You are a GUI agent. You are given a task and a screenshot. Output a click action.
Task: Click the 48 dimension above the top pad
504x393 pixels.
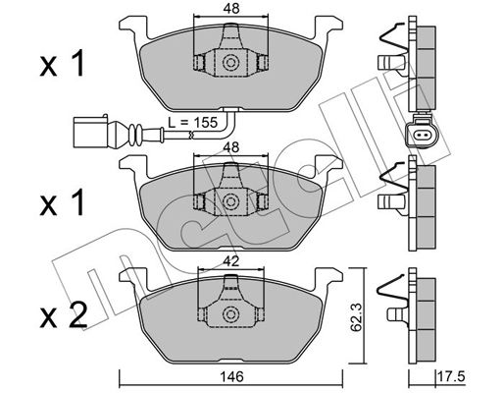pyautogui.click(x=231, y=8)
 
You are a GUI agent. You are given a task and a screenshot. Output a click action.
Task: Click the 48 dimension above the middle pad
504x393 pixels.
pyautogui.click(x=231, y=147)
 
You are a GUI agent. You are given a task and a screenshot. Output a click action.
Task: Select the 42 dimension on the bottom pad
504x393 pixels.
pyautogui.click(x=231, y=261)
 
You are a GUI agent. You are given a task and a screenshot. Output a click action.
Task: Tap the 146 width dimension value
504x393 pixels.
pyautogui.click(x=231, y=376)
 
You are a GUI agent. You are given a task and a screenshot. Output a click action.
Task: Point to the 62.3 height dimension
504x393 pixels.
pyautogui.click(x=356, y=317)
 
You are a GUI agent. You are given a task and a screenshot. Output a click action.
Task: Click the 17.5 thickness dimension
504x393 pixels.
pyautogui.click(x=452, y=376)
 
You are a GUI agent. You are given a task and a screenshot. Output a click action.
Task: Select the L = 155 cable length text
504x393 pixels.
pyautogui.click(x=192, y=123)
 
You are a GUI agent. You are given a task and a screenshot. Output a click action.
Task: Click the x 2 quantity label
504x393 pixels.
pyautogui.click(x=64, y=314)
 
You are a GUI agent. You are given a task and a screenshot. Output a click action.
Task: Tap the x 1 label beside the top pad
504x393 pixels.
pyautogui.click(x=62, y=64)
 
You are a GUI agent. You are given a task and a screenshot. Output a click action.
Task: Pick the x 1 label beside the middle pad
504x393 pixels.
pyautogui.click(x=62, y=202)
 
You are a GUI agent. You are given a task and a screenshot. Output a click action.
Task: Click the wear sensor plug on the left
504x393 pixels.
pyautogui.click(x=90, y=132)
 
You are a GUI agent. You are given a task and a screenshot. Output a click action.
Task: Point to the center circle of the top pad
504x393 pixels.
pyautogui.click(x=230, y=63)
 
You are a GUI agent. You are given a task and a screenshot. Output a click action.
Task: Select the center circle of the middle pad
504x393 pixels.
pyautogui.click(x=230, y=201)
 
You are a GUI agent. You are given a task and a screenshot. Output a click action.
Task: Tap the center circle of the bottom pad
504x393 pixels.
pyautogui.click(x=230, y=314)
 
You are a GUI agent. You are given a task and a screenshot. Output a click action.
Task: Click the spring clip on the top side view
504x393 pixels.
pyautogui.click(x=395, y=36)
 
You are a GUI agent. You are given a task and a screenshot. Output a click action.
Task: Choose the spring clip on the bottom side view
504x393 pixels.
pyautogui.click(x=393, y=288)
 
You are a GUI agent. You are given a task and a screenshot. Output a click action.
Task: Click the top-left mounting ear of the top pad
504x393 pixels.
pyautogui.click(x=133, y=27)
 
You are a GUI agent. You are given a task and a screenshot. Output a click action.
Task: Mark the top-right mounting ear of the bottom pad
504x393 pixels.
pyautogui.click(x=328, y=277)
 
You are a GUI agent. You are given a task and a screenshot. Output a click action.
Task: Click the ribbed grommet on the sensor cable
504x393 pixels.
pyautogui.click(x=135, y=134)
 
